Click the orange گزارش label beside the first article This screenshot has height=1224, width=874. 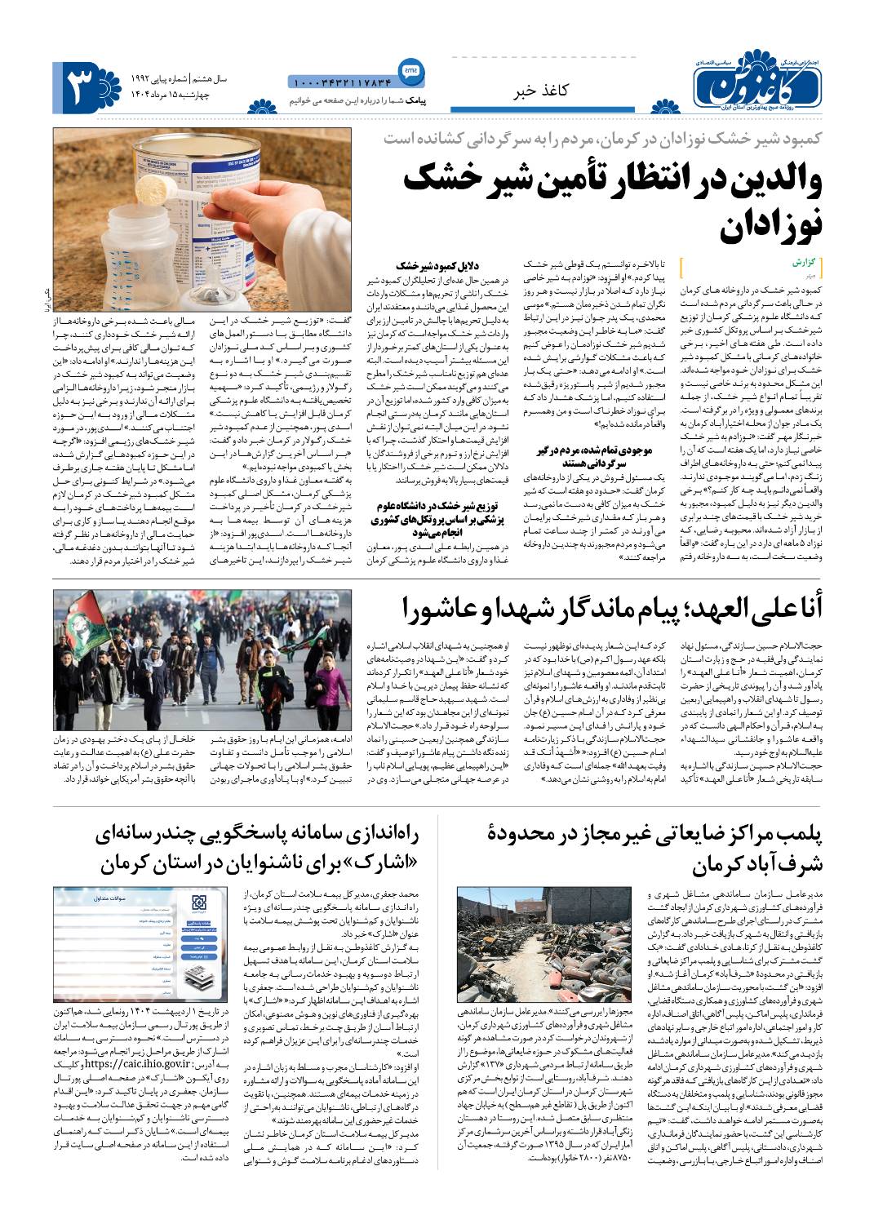tap(803, 265)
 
